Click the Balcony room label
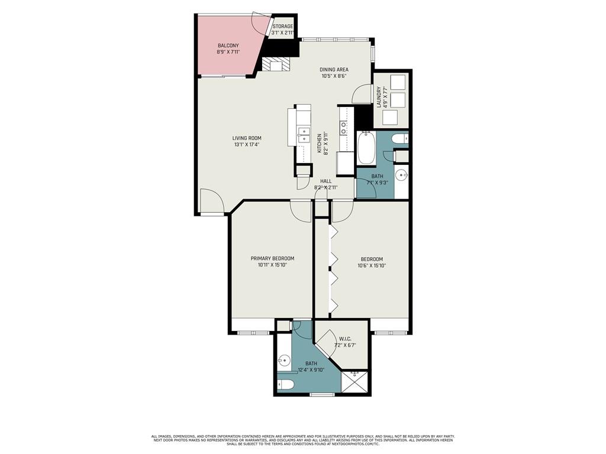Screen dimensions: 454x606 click(228, 46)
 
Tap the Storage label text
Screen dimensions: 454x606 click(283, 27)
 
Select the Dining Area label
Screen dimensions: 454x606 click(334, 69)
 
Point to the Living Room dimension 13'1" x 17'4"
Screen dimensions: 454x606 click(247, 144)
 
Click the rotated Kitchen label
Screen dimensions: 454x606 click(319, 143)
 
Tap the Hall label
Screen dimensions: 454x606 click(325, 181)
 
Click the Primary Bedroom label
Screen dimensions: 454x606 click(272, 258)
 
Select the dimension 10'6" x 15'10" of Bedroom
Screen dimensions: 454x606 click(371, 265)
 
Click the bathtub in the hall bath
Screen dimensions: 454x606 click(366, 148)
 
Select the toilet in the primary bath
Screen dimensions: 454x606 click(286, 385)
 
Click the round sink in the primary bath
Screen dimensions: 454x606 click(283, 359)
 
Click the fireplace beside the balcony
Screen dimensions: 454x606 click(276, 64)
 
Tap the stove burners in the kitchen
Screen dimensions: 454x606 click(343, 125)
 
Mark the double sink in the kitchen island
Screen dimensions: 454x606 click(303, 135)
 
